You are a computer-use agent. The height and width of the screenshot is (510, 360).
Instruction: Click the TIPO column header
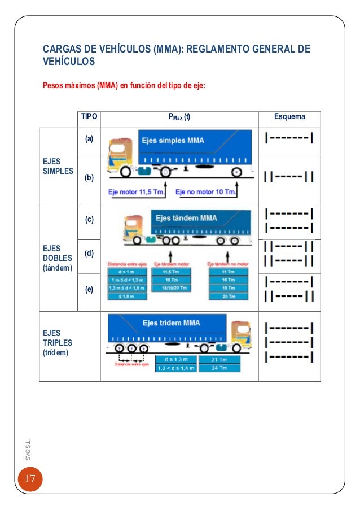tap(89, 117)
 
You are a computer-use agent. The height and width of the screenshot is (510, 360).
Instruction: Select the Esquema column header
tap(289, 117)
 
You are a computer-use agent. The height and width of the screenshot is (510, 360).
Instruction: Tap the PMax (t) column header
tap(179, 117)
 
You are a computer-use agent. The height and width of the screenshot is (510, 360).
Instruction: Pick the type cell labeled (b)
tap(89, 178)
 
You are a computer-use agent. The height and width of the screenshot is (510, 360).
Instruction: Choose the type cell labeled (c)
tap(89, 220)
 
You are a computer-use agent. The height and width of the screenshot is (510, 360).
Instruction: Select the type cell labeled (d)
tap(89, 254)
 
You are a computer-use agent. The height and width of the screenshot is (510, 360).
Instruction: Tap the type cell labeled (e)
tap(89, 289)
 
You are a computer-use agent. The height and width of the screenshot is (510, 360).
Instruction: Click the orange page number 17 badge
tap(29, 480)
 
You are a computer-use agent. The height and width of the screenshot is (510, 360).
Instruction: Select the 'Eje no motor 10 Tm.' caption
tap(206, 193)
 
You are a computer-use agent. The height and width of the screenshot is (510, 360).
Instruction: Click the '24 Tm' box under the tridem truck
tap(218, 368)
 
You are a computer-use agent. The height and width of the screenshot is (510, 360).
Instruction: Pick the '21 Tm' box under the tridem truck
tap(218, 359)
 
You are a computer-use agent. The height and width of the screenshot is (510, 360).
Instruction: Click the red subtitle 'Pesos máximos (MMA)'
tap(124, 86)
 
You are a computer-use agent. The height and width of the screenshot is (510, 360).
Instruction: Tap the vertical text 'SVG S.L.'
tap(29, 447)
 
